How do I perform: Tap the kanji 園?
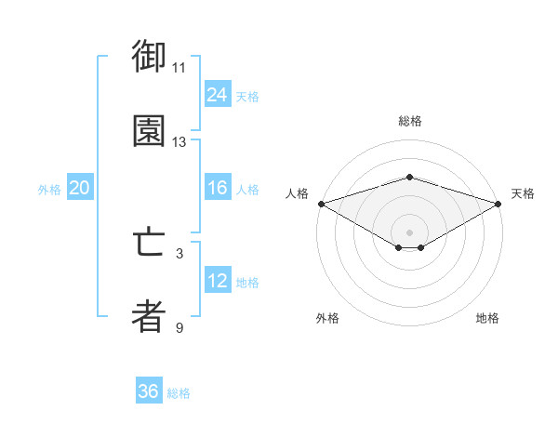pyautogui.click(x=149, y=131)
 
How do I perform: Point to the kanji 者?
pyautogui.click(x=149, y=317)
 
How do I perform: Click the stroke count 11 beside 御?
pyautogui.click(x=179, y=68)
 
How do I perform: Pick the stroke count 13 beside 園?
pyautogui.click(x=179, y=142)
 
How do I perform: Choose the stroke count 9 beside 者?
pyautogui.click(x=179, y=328)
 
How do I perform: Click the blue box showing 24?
pyautogui.click(x=218, y=95)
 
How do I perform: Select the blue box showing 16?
pyautogui.click(x=218, y=188)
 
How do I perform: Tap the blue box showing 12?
pyautogui.click(x=218, y=281)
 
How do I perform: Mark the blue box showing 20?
pyautogui.click(x=79, y=188)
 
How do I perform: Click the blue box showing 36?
pyautogui.click(x=149, y=391)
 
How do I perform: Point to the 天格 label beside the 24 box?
pyautogui.click(x=247, y=96)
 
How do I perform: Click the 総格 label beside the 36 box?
pyautogui.click(x=179, y=392)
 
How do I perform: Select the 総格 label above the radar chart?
pyautogui.click(x=409, y=121)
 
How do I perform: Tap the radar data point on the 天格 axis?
pyautogui.click(x=498, y=203)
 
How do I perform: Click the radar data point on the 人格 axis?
pyautogui.click(x=320, y=203)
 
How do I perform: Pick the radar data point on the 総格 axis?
pyautogui.click(x=409, y=177)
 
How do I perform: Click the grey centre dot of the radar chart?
pyautogui.click(x=409, y=232)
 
